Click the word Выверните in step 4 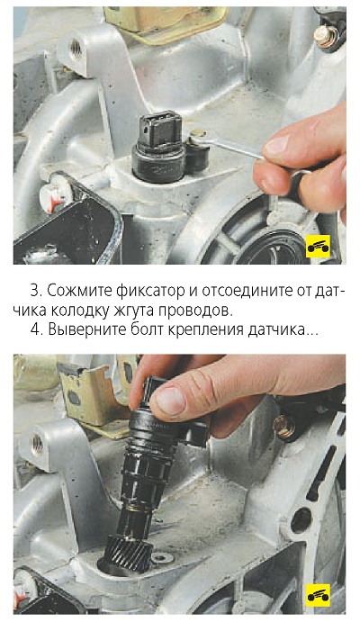coord(87,330)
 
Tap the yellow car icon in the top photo coord(318,247)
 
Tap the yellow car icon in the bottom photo coord(318,595)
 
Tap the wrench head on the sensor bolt coord(197,136)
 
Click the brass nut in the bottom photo coord(284,427)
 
